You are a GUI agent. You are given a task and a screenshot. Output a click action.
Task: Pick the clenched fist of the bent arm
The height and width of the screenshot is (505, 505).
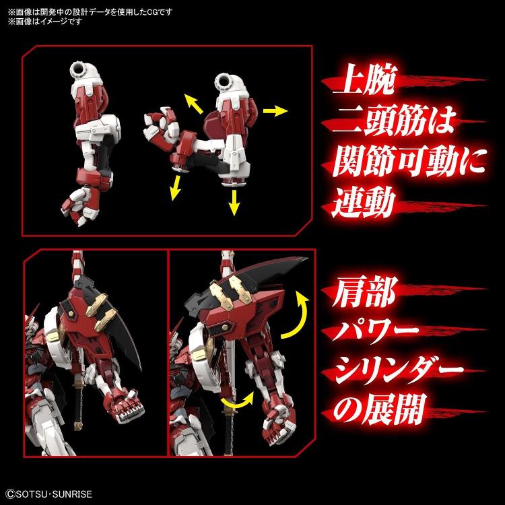click(x=156, y=122)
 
